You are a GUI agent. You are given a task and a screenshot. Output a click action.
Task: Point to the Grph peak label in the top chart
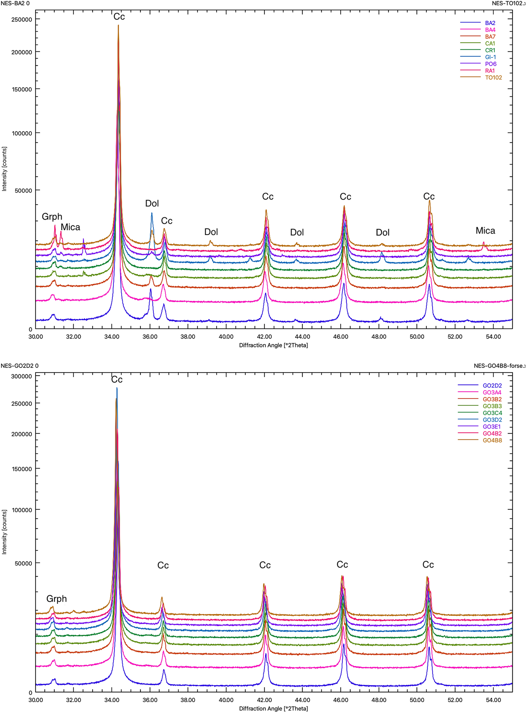coord(52,217)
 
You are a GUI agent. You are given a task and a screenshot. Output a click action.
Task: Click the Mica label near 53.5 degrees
coord(485,231)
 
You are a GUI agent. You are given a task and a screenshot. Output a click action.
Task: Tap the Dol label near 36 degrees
coord(152,203)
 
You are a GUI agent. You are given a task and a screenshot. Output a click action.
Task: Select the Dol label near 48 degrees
coord(382,232)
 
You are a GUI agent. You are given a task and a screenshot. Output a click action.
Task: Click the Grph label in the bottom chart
coord(56,599)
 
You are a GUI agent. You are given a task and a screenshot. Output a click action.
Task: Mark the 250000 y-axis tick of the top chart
coord(22,20)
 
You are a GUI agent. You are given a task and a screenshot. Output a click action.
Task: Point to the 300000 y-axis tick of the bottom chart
coord(22,376)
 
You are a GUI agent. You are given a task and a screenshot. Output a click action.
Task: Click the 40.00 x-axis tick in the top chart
coord(226,337)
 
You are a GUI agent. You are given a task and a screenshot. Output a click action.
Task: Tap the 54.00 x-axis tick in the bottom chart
coord(493,700)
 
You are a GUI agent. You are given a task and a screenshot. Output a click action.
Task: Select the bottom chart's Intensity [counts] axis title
coord(4,532)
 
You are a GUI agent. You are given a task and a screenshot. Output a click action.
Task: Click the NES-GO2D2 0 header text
coord(19,366)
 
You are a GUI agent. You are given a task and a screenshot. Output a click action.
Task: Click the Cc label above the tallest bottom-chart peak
coord(117,379)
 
